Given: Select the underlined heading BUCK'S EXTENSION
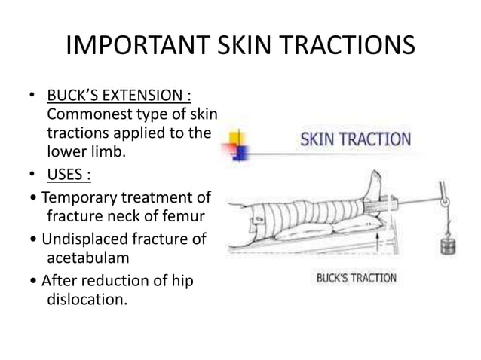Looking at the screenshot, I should click(118, 97).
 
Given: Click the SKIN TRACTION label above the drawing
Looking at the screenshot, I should click(356, 139).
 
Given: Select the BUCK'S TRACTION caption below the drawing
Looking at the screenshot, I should click(356, 278).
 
